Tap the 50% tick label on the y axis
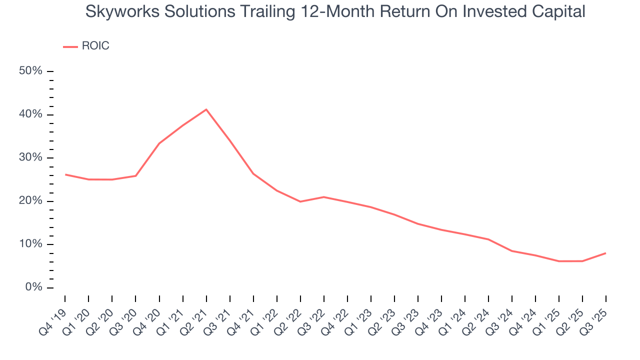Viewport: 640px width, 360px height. (x=30, y=71)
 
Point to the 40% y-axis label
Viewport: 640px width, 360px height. (x=30, y=114)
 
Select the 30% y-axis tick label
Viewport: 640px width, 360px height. (x=30, y=157)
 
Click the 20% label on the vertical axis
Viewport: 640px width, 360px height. (x=30, y=201)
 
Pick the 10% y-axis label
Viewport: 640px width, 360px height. (x=30, y=244)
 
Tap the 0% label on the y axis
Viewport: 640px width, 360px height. (x=33, y=287)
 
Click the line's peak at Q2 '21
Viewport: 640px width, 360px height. (x=206, y=109)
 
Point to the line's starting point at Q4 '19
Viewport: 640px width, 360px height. (x=65, y=174)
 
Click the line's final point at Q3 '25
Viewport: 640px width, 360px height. (x=605, y=253)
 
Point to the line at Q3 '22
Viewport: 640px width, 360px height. (x=324, y=197)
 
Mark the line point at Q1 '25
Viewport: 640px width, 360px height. (x=558, y=261)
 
